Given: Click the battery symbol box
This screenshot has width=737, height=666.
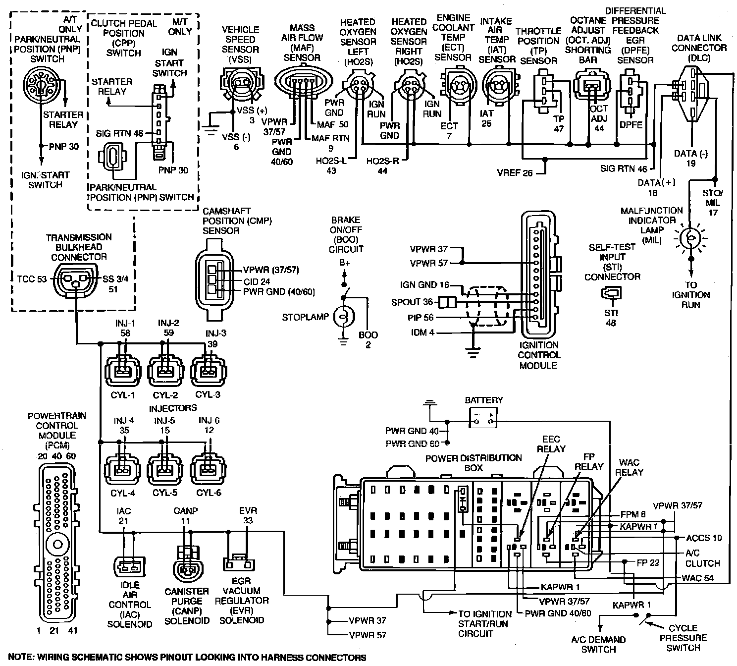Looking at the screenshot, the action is pos(483,417).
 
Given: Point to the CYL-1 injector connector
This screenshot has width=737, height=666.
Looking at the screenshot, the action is pos(123,371).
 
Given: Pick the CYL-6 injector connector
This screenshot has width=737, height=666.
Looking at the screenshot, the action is pos(208,469).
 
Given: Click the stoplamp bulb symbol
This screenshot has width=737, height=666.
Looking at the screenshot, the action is pos(344,316).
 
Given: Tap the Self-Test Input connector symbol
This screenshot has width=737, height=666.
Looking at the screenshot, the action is pos(611,293).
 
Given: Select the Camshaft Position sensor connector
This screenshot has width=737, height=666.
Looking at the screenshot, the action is pos(214,279).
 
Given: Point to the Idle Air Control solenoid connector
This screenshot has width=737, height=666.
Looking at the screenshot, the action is pos(129,566).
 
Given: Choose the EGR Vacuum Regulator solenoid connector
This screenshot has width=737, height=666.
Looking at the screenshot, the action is pos(239,563).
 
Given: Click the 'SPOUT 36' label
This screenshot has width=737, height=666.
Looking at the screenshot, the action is pos(412,302).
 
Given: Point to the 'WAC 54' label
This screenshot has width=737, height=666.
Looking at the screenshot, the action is pos(697,578).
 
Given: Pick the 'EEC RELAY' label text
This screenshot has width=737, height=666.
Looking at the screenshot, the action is pos(551,444).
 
